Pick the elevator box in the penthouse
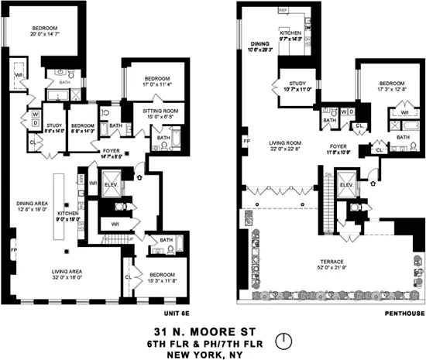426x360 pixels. tap(346, 187)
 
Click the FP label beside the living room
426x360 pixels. tap(246, 142)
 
